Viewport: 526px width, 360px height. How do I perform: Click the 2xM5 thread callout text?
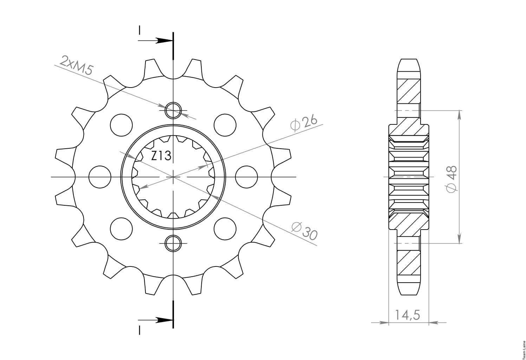(77, 65)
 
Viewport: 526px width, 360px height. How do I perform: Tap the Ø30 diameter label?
(304, 231)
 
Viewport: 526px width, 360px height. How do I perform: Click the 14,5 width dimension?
(408, 315)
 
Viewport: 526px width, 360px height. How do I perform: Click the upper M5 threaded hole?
(173, 110)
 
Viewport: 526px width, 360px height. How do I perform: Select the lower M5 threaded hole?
(173, 243)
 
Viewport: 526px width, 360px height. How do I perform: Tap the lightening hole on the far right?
(246, 177)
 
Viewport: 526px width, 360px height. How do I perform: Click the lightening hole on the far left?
(100, 177)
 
